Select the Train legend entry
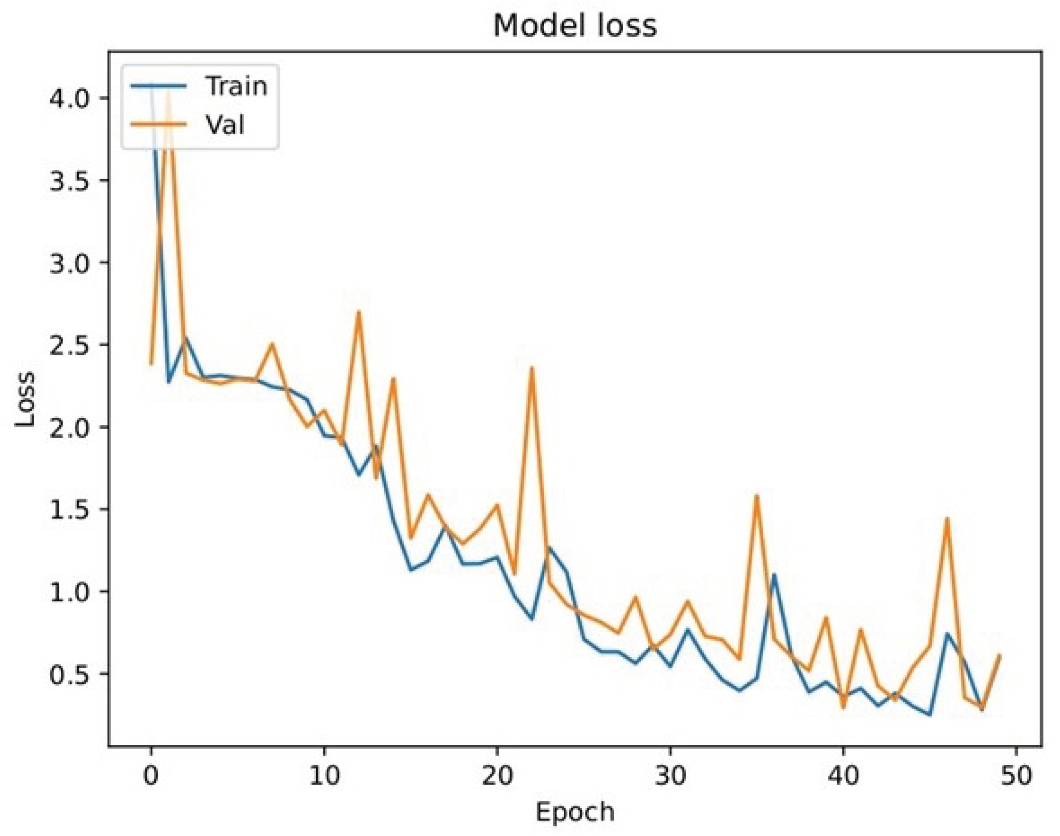[x=236, y=86]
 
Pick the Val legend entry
[x=225, y=125]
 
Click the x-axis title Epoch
[x=575, y=812]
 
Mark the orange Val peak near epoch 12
[x=359, y=312]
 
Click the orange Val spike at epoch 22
[x=532, y=367]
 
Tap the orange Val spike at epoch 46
[x=946, y=519]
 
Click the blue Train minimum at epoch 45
[x=929, y=715]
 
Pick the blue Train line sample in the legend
[x=158, y=86]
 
